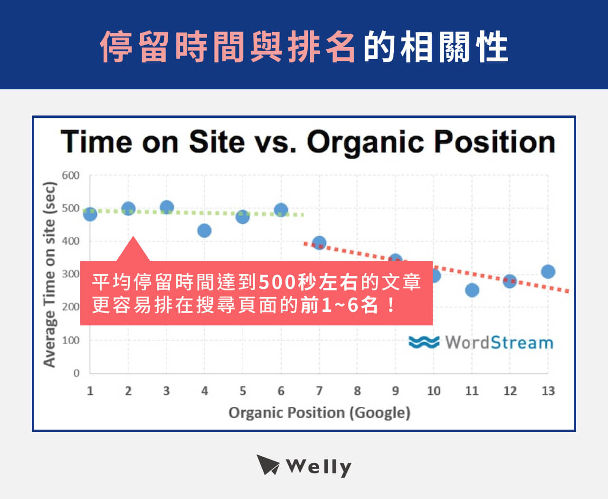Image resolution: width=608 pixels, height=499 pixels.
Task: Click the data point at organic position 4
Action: click(x=204, y=231)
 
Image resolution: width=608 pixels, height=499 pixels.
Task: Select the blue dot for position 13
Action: click(x=548, y=271)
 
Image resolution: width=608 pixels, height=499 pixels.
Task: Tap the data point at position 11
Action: click(x=472, y=290)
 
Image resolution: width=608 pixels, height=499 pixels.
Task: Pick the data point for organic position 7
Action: click(x=319, y=243)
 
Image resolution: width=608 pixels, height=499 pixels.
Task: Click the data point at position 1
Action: click(x=90, y=214)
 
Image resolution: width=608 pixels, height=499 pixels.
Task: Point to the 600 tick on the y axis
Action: click(x=71, y=175)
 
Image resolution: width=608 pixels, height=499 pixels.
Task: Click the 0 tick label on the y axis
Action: click(x=76, y=373)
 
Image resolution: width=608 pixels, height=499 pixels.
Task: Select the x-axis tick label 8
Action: click(x=357, y=391)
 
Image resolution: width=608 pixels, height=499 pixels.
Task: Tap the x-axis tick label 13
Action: click(x=548, y=391)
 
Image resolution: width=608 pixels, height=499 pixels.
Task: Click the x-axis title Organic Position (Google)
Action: click(x=319, y=413)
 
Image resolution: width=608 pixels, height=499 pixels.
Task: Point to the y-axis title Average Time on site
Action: click(x=49, y=275)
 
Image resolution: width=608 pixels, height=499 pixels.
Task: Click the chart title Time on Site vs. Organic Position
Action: click(x=308, y=142)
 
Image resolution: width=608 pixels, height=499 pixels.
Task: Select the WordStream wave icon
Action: click(x=424, y=342)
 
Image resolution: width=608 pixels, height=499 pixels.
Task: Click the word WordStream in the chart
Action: click(x=499, y=342)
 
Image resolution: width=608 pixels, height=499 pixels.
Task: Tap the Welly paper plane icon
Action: click(x=268, y=465)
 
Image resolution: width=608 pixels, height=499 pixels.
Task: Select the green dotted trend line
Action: click(x=190, y=212)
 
